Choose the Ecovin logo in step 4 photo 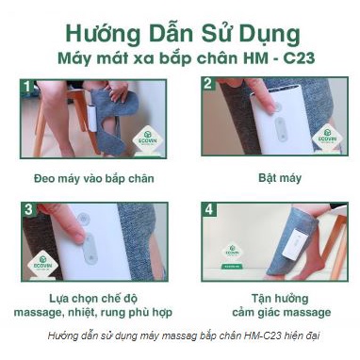click(x=231, y=252)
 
